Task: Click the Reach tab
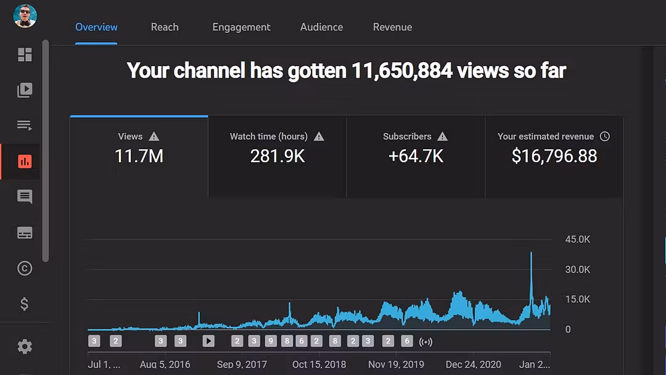click(165, 27)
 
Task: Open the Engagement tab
click(241, 27)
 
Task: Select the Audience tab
click(321, 27)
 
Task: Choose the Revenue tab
click(392, 27)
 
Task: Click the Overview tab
click(96, 27)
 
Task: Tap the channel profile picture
click(25, 15)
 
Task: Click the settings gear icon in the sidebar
click(25, 347)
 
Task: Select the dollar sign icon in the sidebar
click(24, 303)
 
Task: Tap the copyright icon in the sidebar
click(25, 268)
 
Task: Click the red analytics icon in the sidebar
click(25, 162)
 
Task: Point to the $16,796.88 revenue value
click(554, 156)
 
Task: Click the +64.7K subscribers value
click(416, 156)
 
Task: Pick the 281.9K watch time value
click(277, 156)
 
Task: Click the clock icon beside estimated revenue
click(605, 136)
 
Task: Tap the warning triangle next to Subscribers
click(443, 136)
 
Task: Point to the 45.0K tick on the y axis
click(577, 239)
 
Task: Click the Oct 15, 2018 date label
click(319, 365)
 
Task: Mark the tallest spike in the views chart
click(531, 253)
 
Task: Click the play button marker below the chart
click(208, 341)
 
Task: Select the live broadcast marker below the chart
click(425, 342)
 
